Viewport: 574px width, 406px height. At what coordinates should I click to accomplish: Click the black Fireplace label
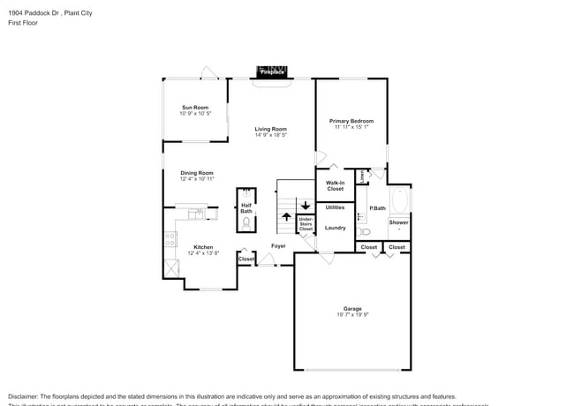[271, 71]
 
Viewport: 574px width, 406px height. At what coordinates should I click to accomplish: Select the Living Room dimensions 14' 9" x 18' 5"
[271, 135]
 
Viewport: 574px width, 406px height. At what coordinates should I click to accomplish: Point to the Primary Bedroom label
[351, 121]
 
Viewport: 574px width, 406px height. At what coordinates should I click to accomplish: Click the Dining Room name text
[197, 173]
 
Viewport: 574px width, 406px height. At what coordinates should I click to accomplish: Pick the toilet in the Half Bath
[246, 222]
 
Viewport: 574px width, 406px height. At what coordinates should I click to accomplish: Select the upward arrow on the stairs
[286, 216]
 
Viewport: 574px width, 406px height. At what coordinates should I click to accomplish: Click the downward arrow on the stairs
[306, 205]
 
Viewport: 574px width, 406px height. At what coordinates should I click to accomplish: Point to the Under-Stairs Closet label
[306, 223]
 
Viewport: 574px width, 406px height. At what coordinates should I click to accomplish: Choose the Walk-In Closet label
[335, 185]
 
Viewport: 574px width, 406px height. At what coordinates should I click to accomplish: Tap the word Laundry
[335, 228]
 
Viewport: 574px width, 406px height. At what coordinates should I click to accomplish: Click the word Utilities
[335, 207]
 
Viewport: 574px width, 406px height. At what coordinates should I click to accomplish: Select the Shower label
[399, 222]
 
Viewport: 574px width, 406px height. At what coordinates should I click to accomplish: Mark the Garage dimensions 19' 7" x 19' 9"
[352, 314]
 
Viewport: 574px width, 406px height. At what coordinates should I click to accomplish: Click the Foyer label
[278, 246]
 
